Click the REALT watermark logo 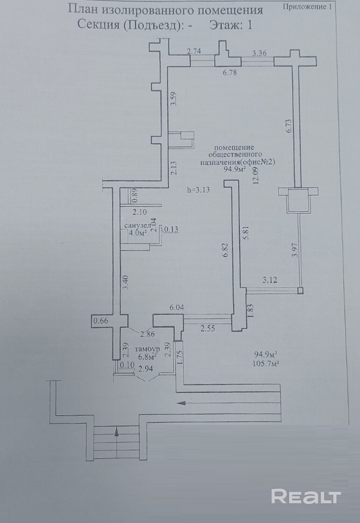(306, 496)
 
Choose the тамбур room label (147, 349)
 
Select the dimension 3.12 (270, 280)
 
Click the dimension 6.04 (177, 308)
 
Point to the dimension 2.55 (208, 328)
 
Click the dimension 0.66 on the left (101, 321)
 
